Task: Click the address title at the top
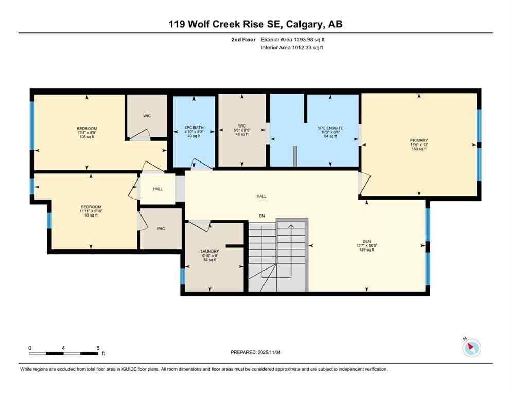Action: click(x=255, y=24)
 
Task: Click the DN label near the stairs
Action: click(x=262, y=216)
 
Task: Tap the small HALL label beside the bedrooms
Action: click(x=158, y=189)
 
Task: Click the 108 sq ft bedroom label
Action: click(x=87, y=133)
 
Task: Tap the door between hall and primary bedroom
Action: click(x=364, y=182)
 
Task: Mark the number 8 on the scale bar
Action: click(x=97, y=348)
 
